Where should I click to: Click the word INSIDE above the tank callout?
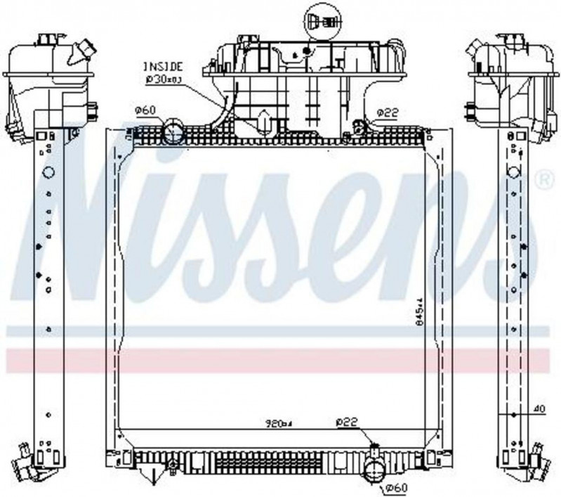coord(162,67)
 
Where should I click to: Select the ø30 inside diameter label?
coord(163,79)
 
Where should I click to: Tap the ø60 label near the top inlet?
coord(145,110)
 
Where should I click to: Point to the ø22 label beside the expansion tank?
coord(388,112)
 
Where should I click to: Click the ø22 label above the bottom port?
coord(347,422)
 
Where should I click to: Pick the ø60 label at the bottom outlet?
coord(396,489)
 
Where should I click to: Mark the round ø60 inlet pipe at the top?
coord(173,130)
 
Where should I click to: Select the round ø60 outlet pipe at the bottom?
coord(374,472)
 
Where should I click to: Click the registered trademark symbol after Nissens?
coord(544,181)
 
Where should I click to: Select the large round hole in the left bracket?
coord(48,172)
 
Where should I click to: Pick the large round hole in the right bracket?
coord(513,172)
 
